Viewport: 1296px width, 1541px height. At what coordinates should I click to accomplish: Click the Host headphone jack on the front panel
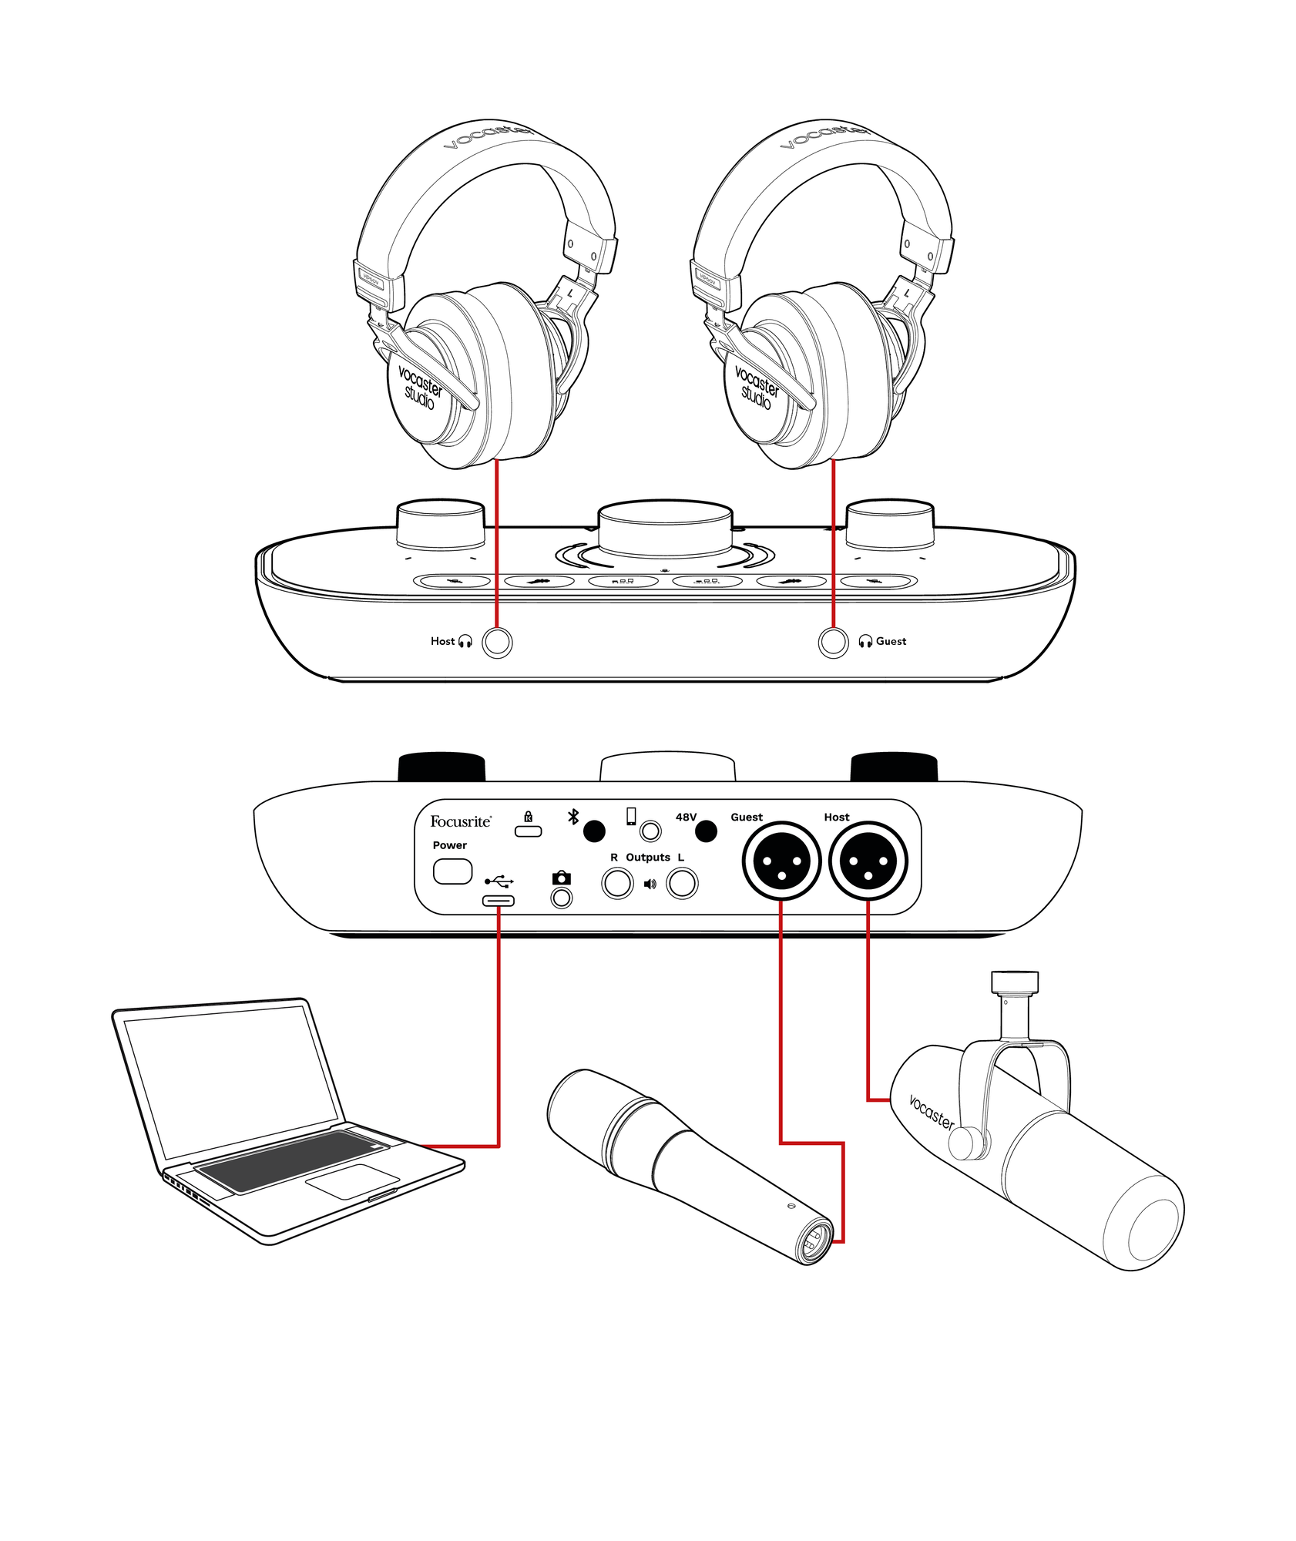(x=496, y=642)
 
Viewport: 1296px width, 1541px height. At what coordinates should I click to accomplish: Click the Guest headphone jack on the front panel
(x=832, y=642)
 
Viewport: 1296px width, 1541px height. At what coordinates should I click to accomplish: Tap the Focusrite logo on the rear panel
(x=460, y=821)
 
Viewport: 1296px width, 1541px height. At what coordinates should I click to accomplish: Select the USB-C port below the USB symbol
(x=498, y=901)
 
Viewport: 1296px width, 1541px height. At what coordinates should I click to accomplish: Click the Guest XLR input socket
(x=781, y=861)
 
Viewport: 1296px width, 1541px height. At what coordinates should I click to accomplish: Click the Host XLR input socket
(x=868, y=861)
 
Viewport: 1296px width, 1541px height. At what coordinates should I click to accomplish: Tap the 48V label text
(x=685, y=817)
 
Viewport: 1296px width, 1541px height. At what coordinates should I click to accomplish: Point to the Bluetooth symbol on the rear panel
(x=572, y=817)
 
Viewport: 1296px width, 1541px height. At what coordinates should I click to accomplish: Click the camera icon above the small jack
(x=561, y=878)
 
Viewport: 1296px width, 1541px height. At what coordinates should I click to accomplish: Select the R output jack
(x=616, y=883)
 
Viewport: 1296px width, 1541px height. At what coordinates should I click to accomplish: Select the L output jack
(x=681, y=883)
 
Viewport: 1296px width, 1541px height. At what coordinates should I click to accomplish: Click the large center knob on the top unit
(x=664, y=528)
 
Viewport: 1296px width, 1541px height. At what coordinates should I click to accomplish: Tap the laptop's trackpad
(x=352, y=1180)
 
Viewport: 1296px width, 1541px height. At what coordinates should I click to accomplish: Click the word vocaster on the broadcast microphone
(x=931, y=1113)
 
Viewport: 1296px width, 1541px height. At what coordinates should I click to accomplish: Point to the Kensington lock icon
(x=528, y=817)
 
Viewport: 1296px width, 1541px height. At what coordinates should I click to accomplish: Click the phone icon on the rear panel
(x=631, y=816)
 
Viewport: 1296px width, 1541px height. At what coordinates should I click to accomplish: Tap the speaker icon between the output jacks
(x=650, y=884)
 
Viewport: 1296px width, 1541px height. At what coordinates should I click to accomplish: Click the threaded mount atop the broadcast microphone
(x=1013, y=982)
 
